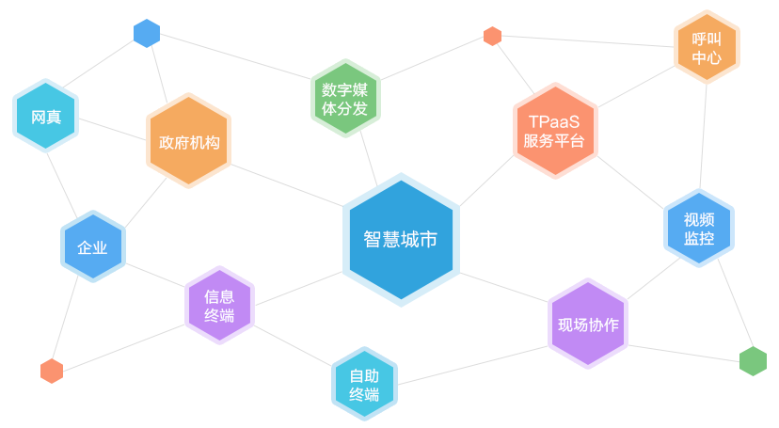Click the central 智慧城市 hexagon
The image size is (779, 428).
coord(401,240)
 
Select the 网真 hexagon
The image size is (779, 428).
coord(46,116)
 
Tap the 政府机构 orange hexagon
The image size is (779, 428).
coord(188,140)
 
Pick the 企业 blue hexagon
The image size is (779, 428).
coord(93,246)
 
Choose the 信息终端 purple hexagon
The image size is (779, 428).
coord(219,306)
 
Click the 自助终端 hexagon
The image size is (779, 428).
coord(364,384)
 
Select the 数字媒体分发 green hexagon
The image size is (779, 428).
coord(345,99)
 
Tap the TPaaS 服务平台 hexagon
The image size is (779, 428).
coord(555,131)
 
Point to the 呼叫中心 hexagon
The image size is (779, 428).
coord(707,47)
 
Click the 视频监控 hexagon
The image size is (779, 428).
coord(698,229)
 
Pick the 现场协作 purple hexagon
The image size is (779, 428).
coord(588,324)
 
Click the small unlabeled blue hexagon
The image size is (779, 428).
coord(147,33)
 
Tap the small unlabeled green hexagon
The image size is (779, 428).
coord(753,361)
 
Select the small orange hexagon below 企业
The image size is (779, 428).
coord(52,371)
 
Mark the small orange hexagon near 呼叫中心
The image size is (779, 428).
coord(492,37)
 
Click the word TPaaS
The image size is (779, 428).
coord(554,121)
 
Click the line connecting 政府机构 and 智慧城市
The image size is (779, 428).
coord(287,185)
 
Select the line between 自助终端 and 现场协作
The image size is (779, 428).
coord(472,365)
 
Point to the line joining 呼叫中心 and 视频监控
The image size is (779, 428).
coord(703,136)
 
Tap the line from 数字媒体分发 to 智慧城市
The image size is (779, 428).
coord(369,159)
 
